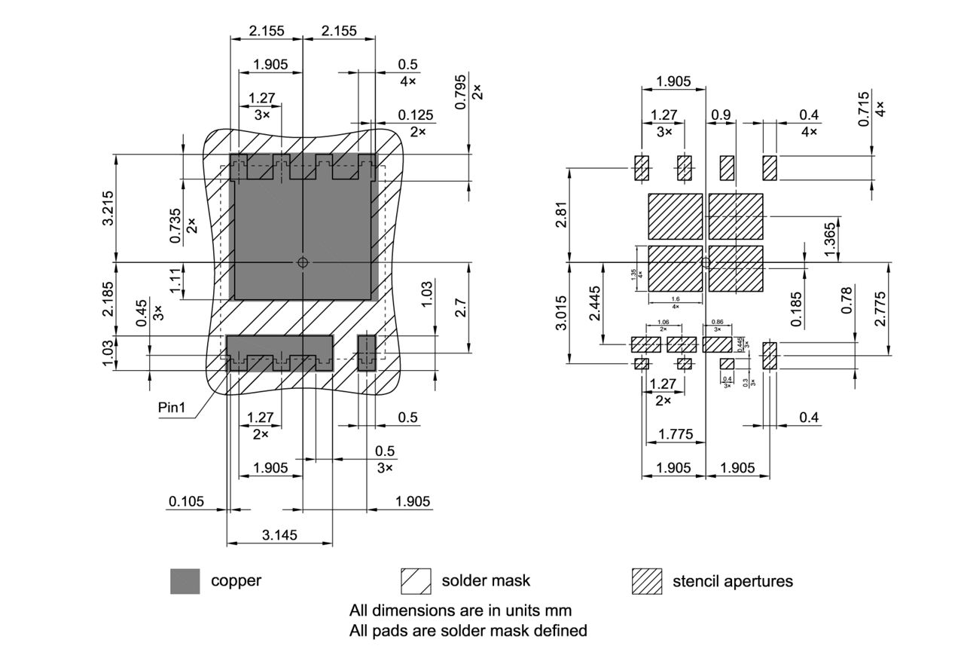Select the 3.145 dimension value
[x=279, y=535]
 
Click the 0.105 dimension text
[x=186, y=501]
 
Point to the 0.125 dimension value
[x=416, y=115]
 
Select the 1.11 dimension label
[x=175, y=281]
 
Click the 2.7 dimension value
[x=460, y=308]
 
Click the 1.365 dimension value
[x=830, y=239]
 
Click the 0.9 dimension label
[x=721, y=115]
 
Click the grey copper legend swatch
[x=185, y=581]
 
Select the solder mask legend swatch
[x=416, y=581]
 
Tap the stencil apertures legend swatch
[x=646, y=581]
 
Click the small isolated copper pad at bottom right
[x=366, y=353]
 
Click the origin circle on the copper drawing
[x=302, y=262]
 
